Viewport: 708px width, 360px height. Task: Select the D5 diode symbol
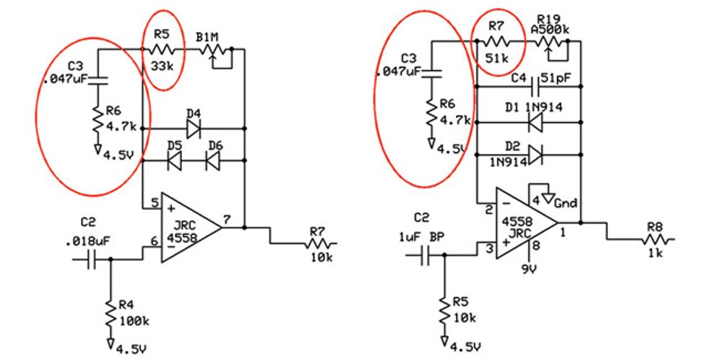(174, 163)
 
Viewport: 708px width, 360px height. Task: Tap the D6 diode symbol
(214, 163)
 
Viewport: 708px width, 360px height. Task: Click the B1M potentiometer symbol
(212, 51)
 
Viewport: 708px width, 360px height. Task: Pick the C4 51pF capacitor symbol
(535, 88)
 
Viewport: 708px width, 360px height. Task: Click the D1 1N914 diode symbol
(535, 122)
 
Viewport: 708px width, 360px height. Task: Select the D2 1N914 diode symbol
(535, 154)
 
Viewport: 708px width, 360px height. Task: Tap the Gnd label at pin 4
(566, 203)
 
